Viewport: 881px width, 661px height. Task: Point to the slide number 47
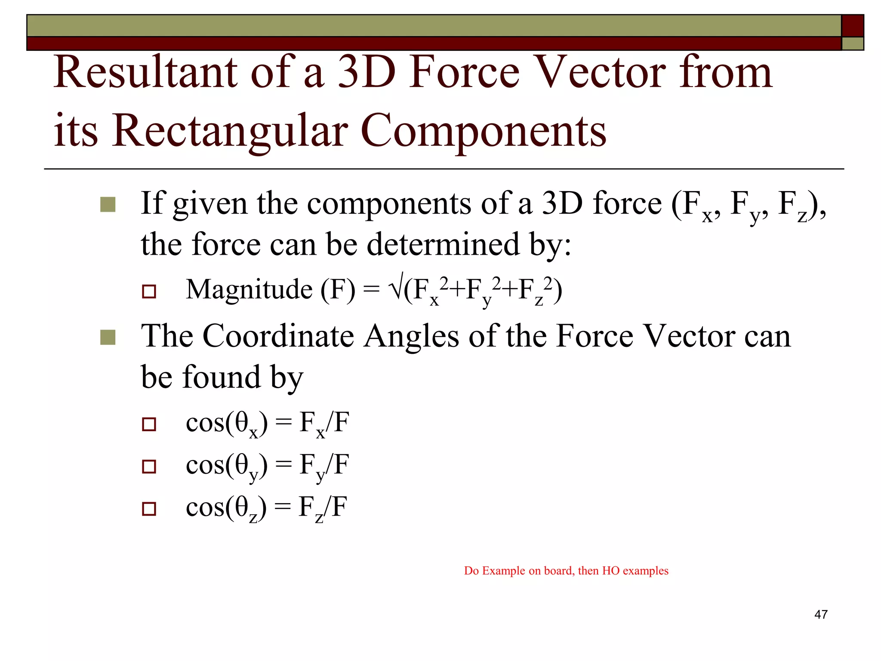pyautogui.click(x=821, y=614)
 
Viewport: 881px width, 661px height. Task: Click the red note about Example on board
pyautogui.click(x=566, y=571)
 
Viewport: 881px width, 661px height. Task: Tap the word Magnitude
pyautogui.click(x=249, y=289)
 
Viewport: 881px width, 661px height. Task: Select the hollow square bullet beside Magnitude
pyautogui.click(x=149, y=292)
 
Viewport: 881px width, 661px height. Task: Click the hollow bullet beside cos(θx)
pyautogui.click(x=149, y=424)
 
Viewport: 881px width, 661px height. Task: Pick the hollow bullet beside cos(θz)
pyautogui.click(x=149, y=509)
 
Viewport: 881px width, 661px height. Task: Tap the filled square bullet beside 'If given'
pyautogui.click(x=108, y=205)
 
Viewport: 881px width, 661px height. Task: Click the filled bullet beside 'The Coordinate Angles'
pyautogui.click(x=108, y=337)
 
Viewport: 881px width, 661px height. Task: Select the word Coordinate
pyautogui.click(x=278, y=336)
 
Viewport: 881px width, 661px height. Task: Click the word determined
pyautogui.click(x=443, y=244)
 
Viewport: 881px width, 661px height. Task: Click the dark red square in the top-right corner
pyautogui.click(x=852, y=26)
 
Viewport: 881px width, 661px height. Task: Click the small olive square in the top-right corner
pyautogui.click(x=852, y=43)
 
